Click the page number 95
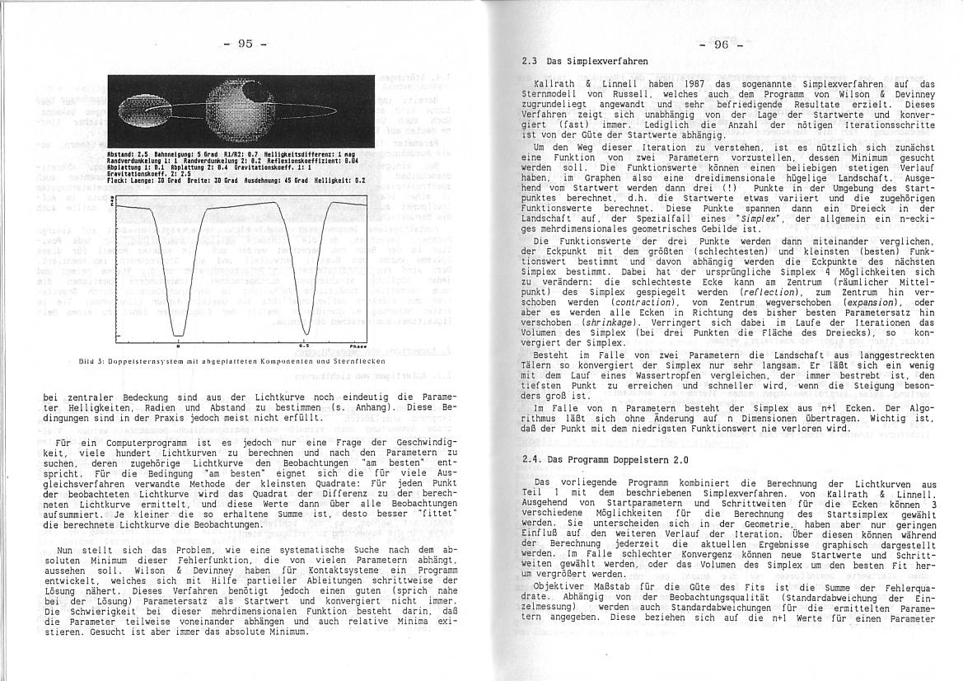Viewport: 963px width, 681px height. pyautogui.click(x=245, y=44)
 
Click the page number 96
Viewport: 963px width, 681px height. pyautogui.click(x=721, y=45)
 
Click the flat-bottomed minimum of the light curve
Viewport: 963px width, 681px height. pyautogui.click(x=179, y=333)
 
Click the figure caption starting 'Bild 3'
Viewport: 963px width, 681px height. pyautogui.click(x=227, y=361)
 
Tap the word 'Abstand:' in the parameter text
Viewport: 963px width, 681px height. pyautogui.click(x=120, y=154)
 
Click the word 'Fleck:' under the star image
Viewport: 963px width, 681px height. pyautogui.click(x=118, y=180)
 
